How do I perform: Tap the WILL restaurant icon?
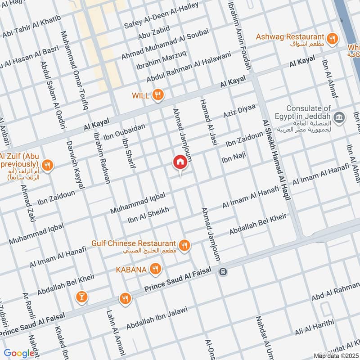(157, 95)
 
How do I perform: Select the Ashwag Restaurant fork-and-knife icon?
(333, 39)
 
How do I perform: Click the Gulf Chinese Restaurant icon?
(184, 245)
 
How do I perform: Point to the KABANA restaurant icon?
(155, 269)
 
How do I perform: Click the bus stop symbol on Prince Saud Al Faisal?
(223, 271)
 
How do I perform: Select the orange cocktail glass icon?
(82, 297)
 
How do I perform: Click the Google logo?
(19, 353)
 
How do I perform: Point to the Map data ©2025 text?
(335, 356)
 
